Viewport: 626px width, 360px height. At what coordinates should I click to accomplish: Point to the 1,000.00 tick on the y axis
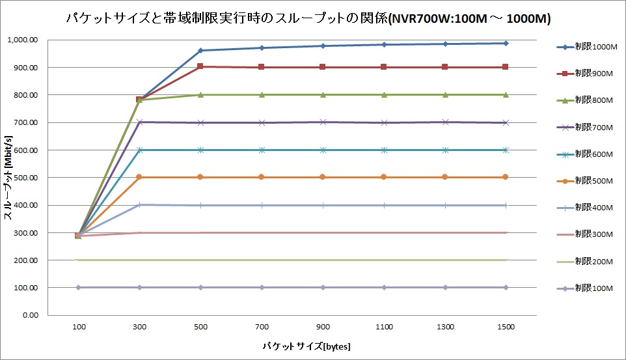(x=23, y=40)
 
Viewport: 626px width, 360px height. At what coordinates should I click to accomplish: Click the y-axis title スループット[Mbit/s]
(x=8, y=177)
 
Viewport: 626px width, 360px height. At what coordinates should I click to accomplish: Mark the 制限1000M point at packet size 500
(x=200, y=50)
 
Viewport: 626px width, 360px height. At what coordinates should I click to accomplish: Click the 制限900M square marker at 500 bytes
(x=200, y=66)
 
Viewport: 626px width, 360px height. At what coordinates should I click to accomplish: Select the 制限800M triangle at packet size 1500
(x=506, y=94)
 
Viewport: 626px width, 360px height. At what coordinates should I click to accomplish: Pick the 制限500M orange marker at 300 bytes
(x=139, y=177)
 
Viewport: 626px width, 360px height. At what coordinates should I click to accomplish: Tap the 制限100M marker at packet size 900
(x=323, y=287)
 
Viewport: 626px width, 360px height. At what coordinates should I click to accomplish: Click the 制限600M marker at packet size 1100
(x=384, y=150)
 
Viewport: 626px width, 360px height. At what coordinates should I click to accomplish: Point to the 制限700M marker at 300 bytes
(x=139, y=122)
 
